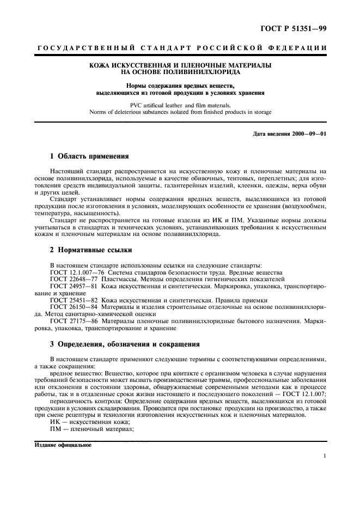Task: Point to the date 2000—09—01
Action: click(307, 134)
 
